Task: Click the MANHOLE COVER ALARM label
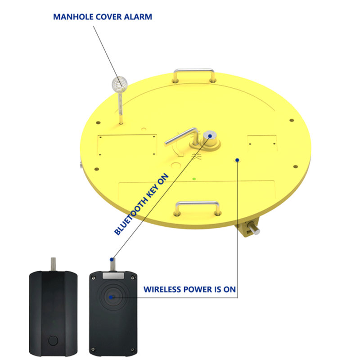tap(103, 17)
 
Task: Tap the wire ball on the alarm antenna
tap(119, 84)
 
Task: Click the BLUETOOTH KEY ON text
tap(141, 204)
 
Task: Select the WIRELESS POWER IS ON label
tap(189, 289)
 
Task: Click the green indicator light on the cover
tap(194, 179)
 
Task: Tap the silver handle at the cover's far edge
tap(194, 75)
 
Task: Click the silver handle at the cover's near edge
tap(197, 208)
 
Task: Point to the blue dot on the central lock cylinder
tap(210, 136)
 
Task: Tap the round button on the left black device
tap(53, 341)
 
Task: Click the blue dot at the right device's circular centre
tap(111, 297)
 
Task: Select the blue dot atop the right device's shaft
tap(112, 260)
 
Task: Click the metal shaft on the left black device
tap(53, 264)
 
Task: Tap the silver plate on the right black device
tap(113, 275)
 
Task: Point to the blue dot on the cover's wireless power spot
tap(237, 160)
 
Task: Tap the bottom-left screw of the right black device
tap(93, 350)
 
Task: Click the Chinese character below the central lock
tap(197, 156)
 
